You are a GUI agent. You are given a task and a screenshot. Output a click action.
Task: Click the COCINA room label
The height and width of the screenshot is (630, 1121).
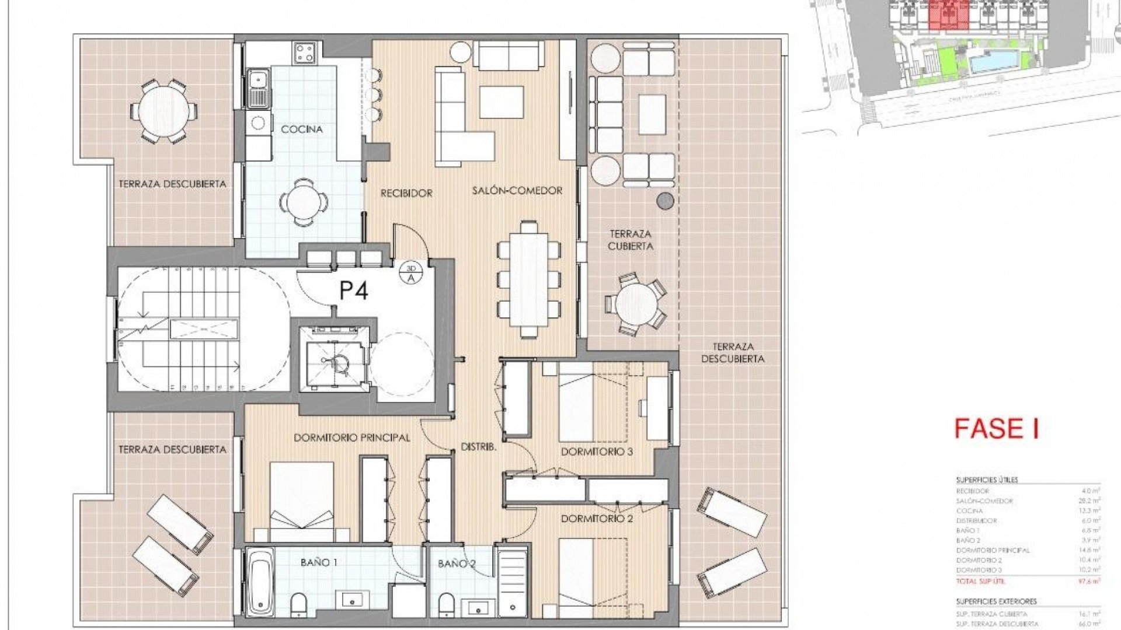pos(301,129)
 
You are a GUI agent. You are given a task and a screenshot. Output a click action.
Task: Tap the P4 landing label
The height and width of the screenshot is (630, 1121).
pos(354,290)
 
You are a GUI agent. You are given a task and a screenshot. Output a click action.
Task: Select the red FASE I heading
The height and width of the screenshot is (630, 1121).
pos(997,429)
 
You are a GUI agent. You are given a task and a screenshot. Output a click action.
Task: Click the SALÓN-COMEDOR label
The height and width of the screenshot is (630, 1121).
pos(517,190)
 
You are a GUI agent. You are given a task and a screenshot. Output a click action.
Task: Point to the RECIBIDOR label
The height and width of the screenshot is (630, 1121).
pos(406,193)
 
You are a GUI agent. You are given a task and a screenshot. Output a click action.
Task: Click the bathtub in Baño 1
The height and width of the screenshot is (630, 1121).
pos(259,580)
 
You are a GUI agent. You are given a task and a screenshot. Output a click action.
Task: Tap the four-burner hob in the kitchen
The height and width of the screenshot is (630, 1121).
pos(305,53)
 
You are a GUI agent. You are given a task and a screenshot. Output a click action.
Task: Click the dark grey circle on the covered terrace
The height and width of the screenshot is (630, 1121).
pos(665,201)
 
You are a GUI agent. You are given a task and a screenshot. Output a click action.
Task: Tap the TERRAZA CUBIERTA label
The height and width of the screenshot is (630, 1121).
pos(630,240)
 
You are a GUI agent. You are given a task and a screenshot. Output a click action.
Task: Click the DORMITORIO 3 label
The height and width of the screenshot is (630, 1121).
pos(597,452)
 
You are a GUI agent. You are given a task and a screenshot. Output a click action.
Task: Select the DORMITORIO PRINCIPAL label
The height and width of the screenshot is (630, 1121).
pos(351,437)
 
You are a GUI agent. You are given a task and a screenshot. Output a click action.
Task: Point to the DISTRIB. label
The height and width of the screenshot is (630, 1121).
pos(478,447)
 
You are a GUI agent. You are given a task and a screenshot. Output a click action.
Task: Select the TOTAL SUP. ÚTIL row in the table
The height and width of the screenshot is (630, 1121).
pos(1028,581)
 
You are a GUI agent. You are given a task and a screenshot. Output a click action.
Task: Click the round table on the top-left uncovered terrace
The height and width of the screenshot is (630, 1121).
pos(163,111)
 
